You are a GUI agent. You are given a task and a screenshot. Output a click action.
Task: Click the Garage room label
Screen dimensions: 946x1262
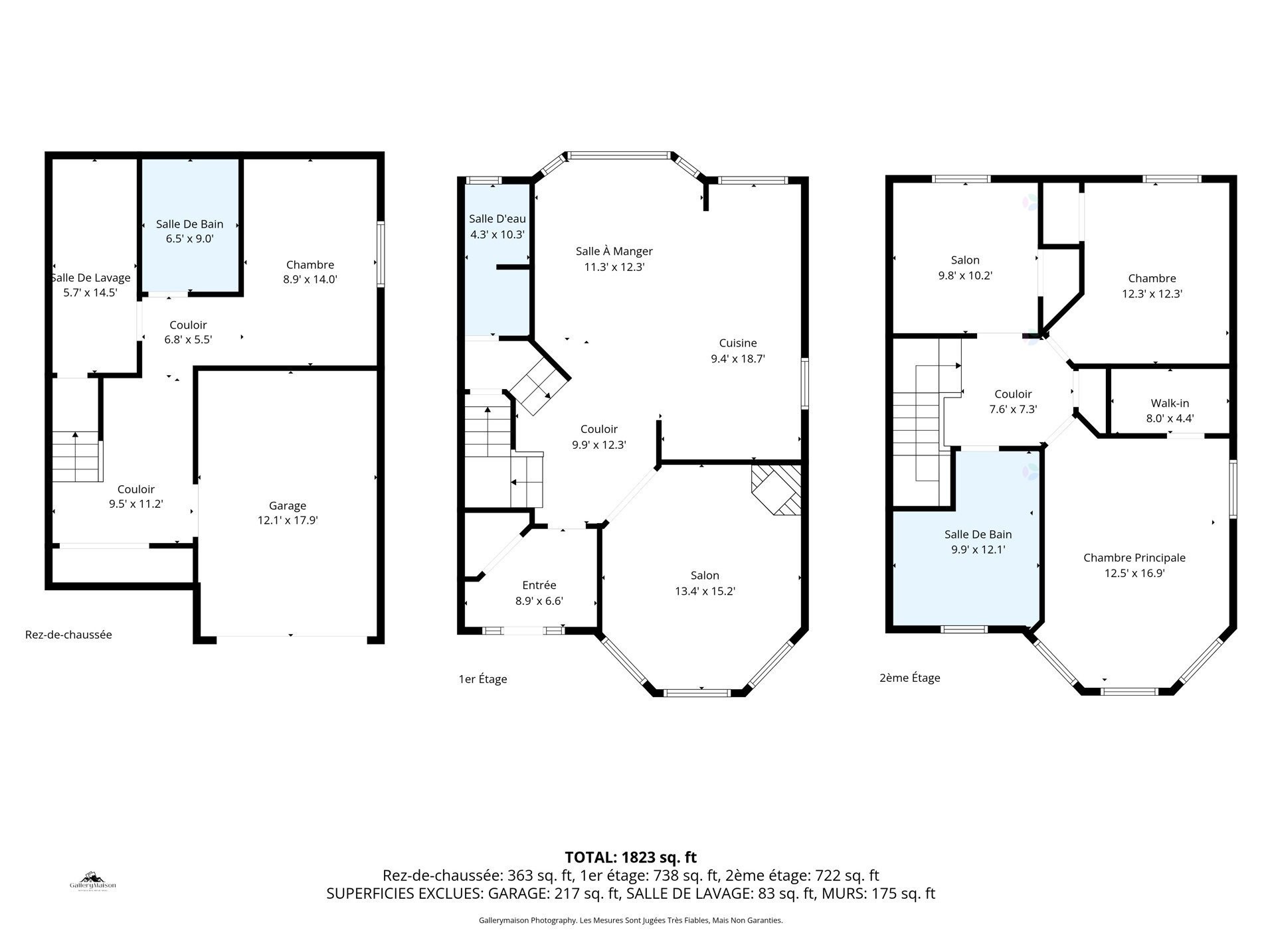click(x=288, y=506)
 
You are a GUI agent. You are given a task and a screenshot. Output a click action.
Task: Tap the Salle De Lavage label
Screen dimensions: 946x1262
click(x=91, y=277)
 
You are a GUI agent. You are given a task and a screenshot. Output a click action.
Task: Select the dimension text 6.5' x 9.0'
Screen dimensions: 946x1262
click(x=189, y=239)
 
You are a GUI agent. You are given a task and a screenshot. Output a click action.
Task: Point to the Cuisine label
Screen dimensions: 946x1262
click(x=738, y=343)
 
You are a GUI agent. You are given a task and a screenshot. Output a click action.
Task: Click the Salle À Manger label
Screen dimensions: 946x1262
click(x=614, y=252)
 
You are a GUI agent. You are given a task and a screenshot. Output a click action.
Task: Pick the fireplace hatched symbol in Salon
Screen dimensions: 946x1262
click(x=776, y=489)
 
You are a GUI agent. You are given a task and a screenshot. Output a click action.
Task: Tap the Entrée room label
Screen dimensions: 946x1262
click(x=539, y=586)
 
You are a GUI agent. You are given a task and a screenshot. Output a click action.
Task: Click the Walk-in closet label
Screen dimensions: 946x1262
click(x=1170, y=403)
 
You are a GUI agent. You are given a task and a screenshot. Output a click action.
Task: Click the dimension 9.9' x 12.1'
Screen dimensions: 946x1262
click(x=978, y=550)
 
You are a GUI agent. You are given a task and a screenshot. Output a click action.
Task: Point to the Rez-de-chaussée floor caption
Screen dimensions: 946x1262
click(x=68, y=635)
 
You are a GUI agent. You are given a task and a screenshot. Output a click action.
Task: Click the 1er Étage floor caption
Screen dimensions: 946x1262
click(x=482, y=679)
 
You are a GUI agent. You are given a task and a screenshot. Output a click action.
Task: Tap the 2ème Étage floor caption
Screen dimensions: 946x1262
click(x=909, y=678)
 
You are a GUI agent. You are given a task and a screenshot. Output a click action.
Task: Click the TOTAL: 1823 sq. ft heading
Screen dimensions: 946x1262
click(x=630, y=857)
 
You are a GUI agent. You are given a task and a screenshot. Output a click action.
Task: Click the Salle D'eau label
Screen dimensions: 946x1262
click(x=497, y=219)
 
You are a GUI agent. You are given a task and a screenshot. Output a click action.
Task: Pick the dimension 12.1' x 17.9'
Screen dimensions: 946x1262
click(x=288, y=521)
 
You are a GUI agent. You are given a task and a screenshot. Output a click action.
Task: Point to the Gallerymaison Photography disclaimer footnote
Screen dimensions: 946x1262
click(x=630, y=921)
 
